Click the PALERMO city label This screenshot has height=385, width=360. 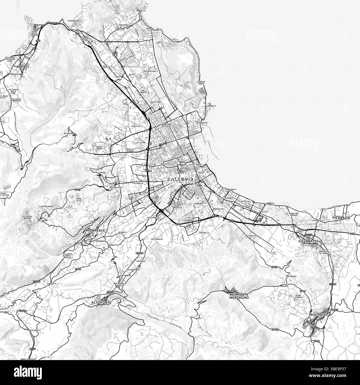click(x=180, y=179)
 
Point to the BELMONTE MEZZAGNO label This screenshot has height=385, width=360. click(x=239, y=296)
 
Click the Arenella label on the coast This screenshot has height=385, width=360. click(x=211, y=106)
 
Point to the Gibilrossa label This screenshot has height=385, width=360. click(x=291, y=276)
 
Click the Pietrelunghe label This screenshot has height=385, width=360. click(x=47, y=207)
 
